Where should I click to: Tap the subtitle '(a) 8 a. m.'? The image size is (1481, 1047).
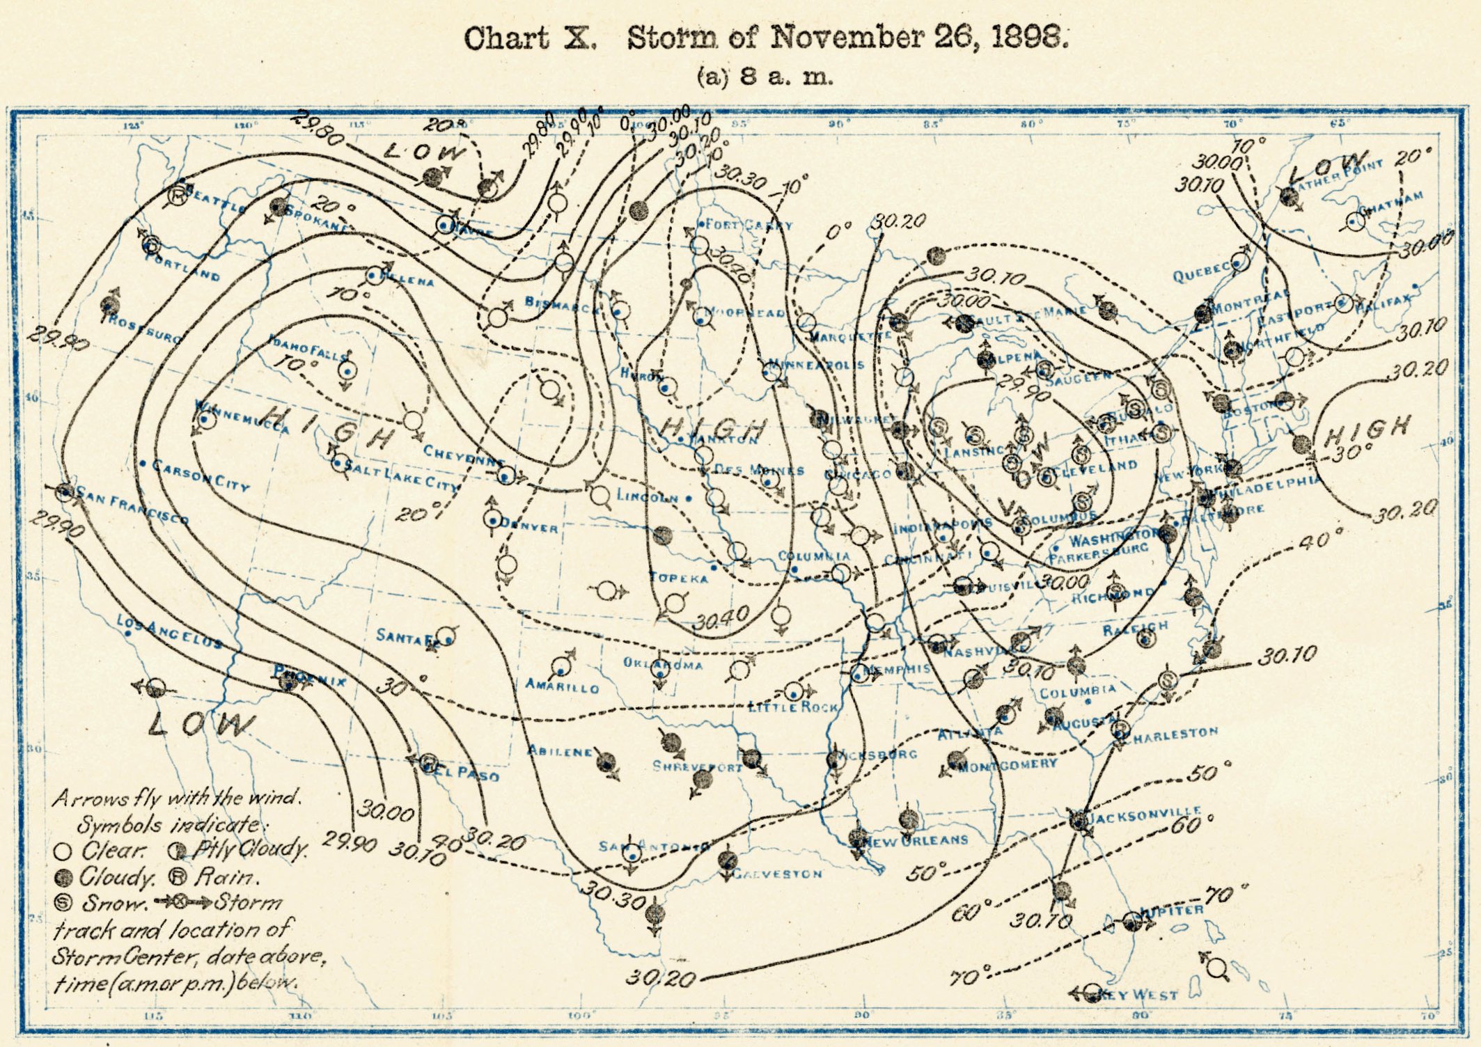[765, 76]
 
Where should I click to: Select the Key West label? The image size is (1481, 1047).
[1142, 995]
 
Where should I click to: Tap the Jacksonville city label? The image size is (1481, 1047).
[1143, 814]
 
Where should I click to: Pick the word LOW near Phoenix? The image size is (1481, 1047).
[201, 725]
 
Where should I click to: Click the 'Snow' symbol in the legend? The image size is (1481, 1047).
[63, 903]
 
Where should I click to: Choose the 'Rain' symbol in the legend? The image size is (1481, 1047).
[178, 877]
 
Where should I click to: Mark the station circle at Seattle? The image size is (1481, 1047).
[178, 196]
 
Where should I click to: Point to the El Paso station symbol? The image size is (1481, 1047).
[429, 760]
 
